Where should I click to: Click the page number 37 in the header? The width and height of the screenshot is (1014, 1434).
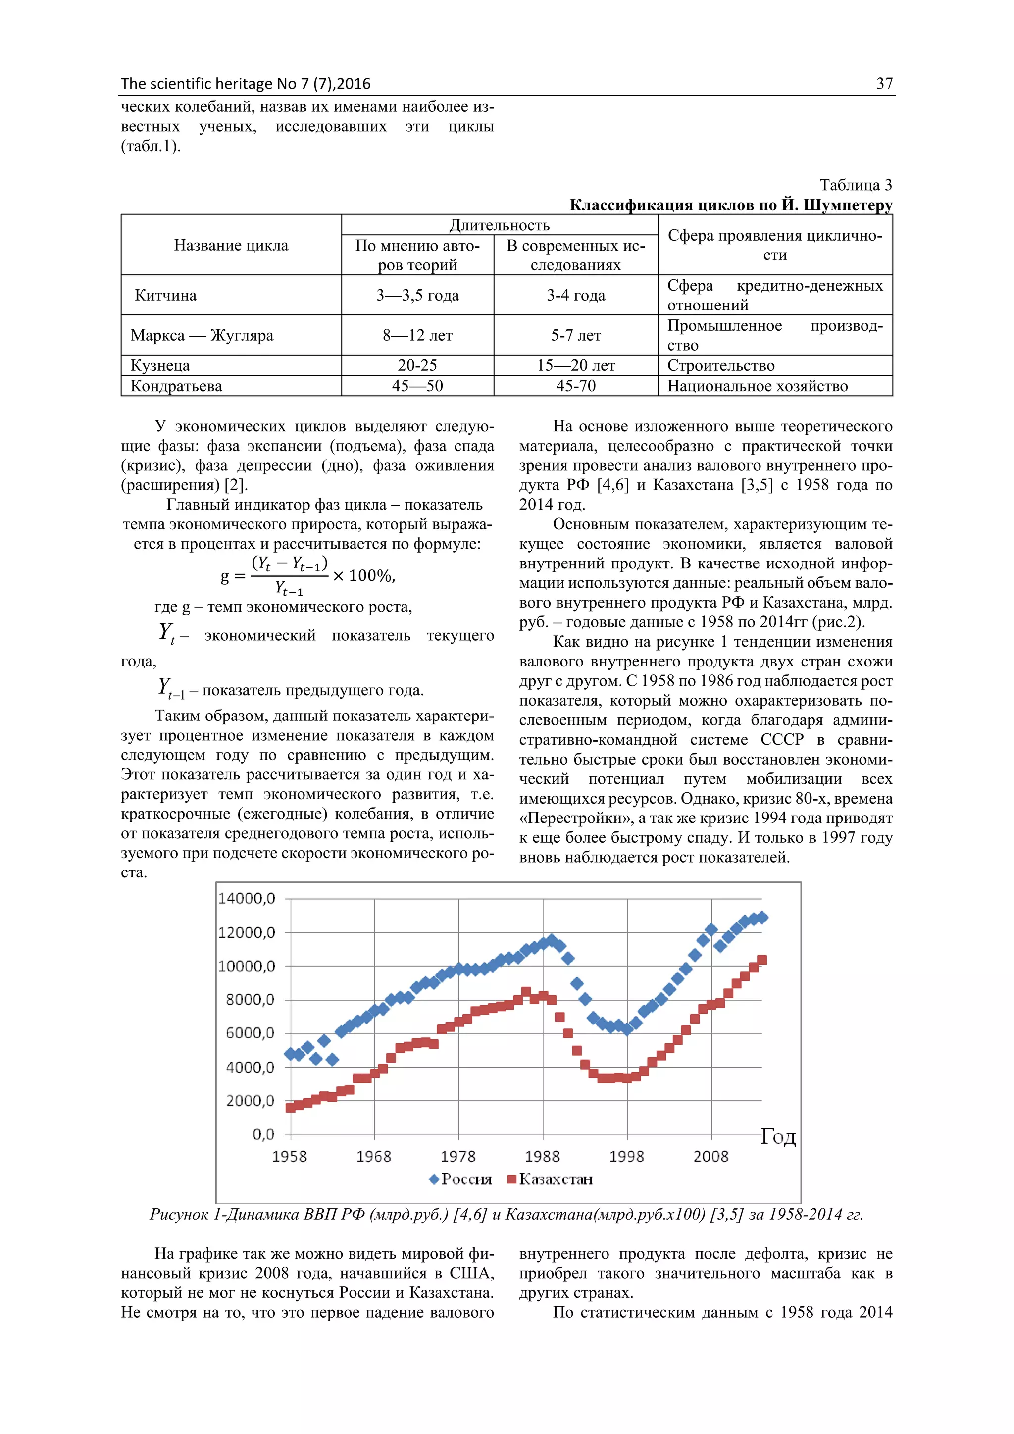point(884,84)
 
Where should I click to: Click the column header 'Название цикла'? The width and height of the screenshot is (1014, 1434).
point(231,245)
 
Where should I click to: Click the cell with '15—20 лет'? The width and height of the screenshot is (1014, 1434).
point(576,365)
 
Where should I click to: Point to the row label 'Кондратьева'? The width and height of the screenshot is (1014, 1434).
point(176,386)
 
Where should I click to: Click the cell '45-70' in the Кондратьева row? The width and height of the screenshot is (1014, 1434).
point(576,386)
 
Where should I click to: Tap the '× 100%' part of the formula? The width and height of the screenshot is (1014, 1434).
point(364,575)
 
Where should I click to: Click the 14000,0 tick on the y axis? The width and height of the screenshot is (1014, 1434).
point(247,899)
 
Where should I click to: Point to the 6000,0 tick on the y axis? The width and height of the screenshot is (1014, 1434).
point(250,1033)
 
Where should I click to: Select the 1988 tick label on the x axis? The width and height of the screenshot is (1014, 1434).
point(542,1156)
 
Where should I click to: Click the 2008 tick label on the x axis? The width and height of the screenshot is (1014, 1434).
point(710,1156)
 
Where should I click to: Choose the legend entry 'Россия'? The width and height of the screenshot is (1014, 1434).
point(466,1179)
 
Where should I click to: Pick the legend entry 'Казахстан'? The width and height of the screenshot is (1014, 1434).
point(555,1179)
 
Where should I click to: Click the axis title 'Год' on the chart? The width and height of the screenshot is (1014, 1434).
point(777,1137)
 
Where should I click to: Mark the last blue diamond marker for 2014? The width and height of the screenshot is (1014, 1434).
point(762,918)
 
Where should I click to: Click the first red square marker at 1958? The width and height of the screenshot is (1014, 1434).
point(290,1107)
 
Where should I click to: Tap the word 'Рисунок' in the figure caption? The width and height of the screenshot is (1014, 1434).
point(179,1215)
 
